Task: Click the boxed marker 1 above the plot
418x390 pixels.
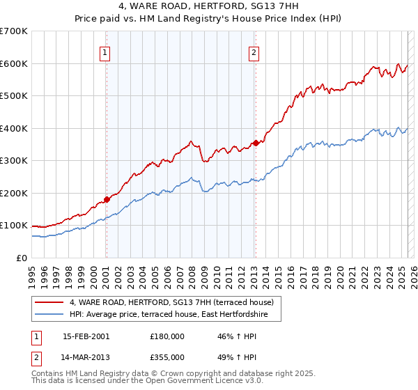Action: [x=104, y=52]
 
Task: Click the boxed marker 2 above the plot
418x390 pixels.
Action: [x=254, y=52]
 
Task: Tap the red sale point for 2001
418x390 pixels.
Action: [x=107, y=199]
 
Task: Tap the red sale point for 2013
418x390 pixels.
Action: [x=256, y=143]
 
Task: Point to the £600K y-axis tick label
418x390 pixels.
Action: [x=14, y=63]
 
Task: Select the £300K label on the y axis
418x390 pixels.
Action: [x=14, y=160]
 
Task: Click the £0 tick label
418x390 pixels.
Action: [x=22, y=258]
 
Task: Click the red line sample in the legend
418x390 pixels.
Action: [x=49, y=302]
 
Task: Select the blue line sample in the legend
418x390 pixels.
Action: [x=49, y=315]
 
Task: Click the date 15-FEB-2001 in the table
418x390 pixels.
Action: [x=86, y=336]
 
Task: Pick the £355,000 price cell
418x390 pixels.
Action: [x=167, y=357]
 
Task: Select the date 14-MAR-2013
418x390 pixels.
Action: [x=86, y=357]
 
